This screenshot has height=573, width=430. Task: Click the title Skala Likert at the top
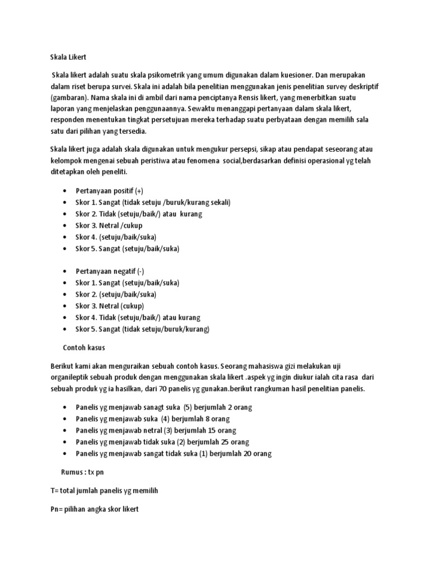(x=68, y=57)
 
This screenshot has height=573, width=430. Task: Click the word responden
(x=67, y=121)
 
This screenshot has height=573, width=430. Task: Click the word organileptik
(x=75, y=377)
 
